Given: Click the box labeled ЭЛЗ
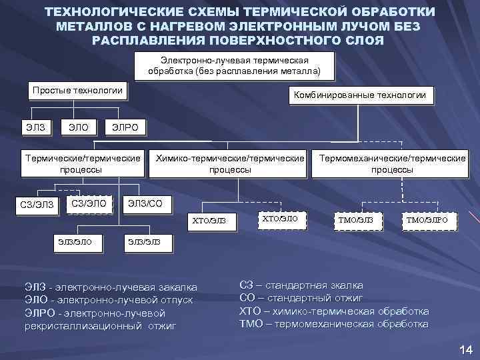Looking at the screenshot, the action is pyautogui.click(x=37, y=127).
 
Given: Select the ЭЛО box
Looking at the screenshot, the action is pyautogui.click(x=77, y=127).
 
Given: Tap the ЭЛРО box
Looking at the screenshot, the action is pyautogui.click(x=125, y=127).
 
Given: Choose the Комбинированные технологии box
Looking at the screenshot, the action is pyautogui.click(x=359, y=95).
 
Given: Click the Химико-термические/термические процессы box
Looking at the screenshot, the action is pyautogui.click(x=230, y=164).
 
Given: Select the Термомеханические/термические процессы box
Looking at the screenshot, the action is pyautogui.click(x=393, y=164).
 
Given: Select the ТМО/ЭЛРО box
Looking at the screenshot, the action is pyautogui.click(x=427, y=220).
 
